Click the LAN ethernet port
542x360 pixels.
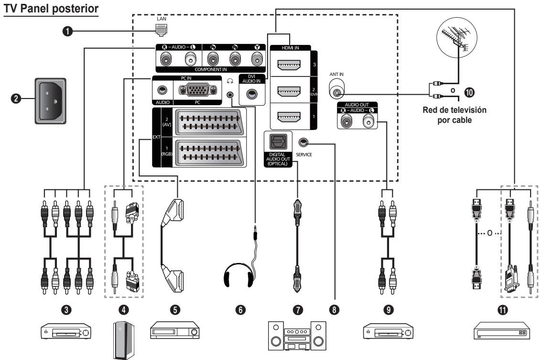tap(162, 31)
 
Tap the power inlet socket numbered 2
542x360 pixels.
tap(51, 101)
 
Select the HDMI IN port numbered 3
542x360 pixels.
tap(290, 65)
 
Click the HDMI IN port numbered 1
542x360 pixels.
tap(290, 117)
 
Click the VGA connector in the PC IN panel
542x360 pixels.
tap(197, 91)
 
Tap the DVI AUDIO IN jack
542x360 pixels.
tap(251, 94)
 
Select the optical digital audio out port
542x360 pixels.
tap(278, 142)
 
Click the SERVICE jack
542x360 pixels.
tap(304, 142)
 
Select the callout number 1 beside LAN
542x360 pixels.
tap(67, 31)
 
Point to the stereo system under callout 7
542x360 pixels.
tap(297, 336)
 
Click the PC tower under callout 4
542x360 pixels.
tap(123, 340)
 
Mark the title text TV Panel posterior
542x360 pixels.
tap(51, 9)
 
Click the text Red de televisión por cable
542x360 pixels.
tap(455, 115)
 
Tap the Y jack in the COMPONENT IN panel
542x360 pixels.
tap(257, 59)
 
